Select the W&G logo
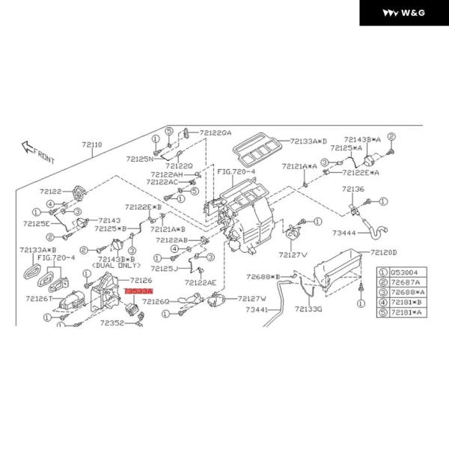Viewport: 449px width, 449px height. [x=403, y=13]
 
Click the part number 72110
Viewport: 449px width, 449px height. [x=92, y=145]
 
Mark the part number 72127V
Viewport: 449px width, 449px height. [x=293, y=254]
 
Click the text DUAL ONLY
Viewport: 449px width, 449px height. [x=116, y=266]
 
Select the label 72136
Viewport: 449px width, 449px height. [x=353, y=189]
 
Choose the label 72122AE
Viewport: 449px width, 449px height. [x=201, y=282]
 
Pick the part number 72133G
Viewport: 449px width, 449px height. [x=308, y=308]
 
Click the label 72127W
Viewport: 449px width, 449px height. [x=252, y=298]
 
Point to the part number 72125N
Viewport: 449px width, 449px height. [x=139, y=159]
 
